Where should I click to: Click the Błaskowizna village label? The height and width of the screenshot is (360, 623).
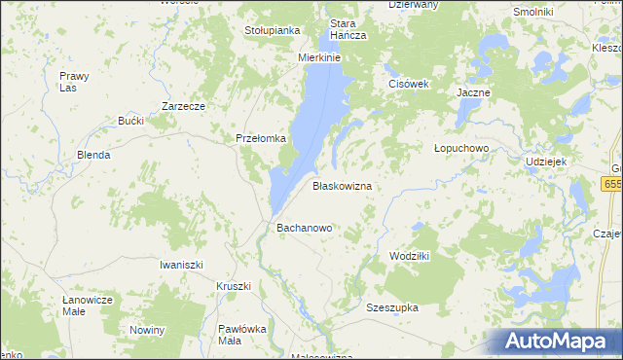tap(342, 185)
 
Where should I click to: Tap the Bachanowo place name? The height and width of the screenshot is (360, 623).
tap(305, 228)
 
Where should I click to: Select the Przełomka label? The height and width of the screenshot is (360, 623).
tap(261, 138)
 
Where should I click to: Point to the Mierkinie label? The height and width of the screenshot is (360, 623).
tap(318, 57)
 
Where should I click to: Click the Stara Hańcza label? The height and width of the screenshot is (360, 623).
tap(348, 29)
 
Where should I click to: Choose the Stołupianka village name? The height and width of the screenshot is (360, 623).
tap(272, 30)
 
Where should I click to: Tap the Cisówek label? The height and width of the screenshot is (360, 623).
tap(409, 84)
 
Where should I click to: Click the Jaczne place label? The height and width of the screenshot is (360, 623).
tap(474, 92)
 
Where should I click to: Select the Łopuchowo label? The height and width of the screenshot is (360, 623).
tap(460, 148)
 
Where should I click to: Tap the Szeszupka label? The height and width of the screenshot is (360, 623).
tap(392, 307)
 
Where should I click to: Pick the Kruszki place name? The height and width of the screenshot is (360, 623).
tap(234, 286)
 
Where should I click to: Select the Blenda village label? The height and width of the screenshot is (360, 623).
tap(93, 155)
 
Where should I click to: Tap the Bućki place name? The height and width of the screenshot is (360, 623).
tap(130, 121)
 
